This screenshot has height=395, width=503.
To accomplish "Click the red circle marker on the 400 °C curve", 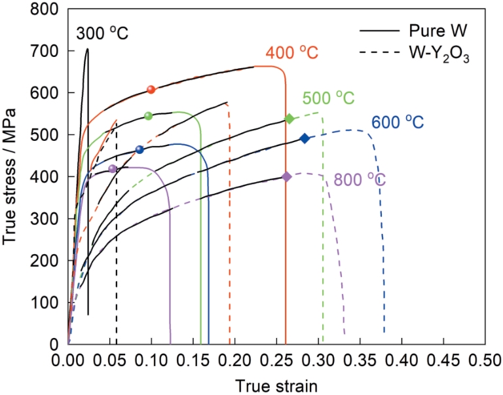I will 151,90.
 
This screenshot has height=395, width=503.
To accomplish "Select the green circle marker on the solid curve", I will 148,116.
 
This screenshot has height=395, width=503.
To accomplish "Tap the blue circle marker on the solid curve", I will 140,149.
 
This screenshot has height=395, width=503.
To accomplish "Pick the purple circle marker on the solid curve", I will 113,169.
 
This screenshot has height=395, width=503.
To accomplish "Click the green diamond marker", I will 289,119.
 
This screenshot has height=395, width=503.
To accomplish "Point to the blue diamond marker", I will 305,138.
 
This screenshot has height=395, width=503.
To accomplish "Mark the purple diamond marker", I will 286,176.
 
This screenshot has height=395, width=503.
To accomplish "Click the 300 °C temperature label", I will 102,33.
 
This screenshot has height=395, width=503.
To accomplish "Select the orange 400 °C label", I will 291,53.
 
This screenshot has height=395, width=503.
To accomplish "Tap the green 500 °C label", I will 329,98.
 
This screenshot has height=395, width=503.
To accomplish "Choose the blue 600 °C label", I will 398,122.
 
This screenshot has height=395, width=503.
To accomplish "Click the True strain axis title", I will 276,385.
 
